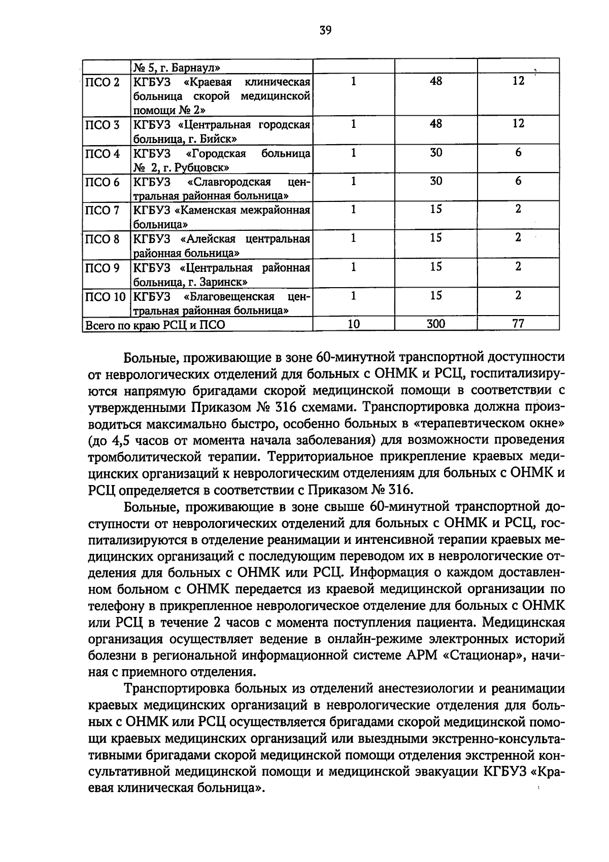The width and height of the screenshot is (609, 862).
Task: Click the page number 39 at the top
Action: click(325, 31)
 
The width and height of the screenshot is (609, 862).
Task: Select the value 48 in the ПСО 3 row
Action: click(435, 124)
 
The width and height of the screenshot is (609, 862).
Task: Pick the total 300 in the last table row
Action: click(435, 324)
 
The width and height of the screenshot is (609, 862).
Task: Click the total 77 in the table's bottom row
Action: click(518, 324)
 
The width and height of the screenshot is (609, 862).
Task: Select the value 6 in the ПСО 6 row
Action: click(518, 181)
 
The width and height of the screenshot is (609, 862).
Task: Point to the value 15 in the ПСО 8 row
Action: click(435, 238)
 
